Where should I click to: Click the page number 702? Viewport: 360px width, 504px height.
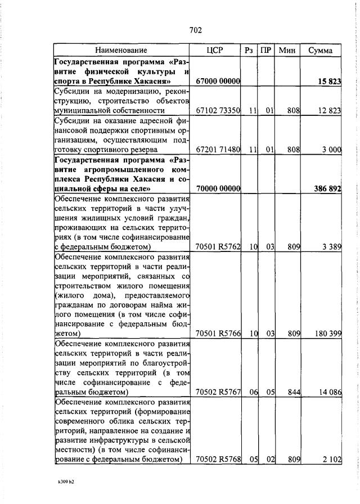click(x=195, y=30)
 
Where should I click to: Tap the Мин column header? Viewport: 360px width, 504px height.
click(x=287, y=51)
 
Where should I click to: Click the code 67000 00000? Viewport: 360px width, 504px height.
click(x=218, y=82)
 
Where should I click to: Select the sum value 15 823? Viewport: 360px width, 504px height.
click(x=329, y=82)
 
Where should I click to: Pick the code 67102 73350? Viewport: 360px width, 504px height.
click(x=218, y=111)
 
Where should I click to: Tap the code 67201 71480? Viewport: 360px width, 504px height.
click(x=218, y=150)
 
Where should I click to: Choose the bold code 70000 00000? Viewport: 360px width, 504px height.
click(x=218, y=188)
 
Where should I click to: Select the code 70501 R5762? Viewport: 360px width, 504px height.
click(x=218, y=246)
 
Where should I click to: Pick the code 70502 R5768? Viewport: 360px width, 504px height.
click(x=218, y=460)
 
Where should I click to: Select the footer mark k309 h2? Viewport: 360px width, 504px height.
click(x=66, y=483)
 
